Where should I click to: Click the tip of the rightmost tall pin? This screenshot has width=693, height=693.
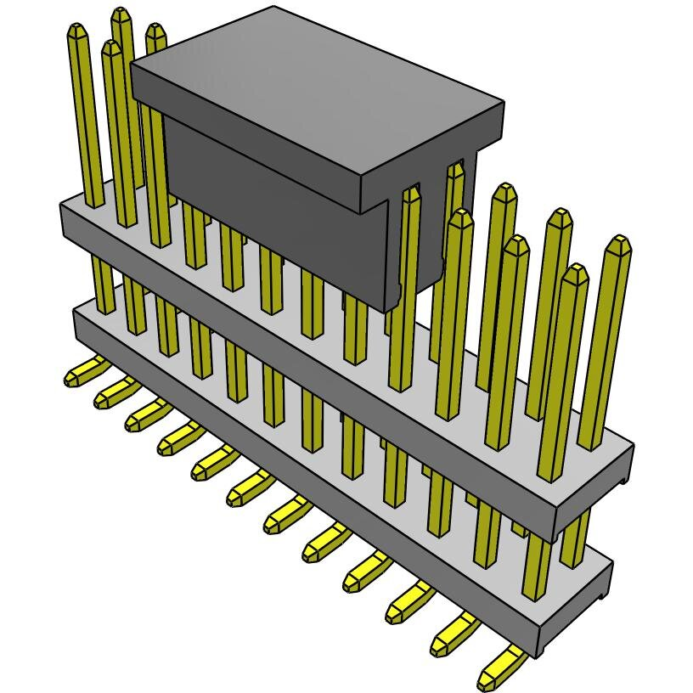[x=617, y=246]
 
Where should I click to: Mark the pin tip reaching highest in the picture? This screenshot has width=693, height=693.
[x=122, y=16]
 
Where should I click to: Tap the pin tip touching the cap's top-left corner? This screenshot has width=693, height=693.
[x=155, y=34]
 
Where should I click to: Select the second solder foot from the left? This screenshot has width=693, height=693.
[x=110, y=392]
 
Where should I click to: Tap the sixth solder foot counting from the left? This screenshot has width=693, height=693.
[x=245, y=489]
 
